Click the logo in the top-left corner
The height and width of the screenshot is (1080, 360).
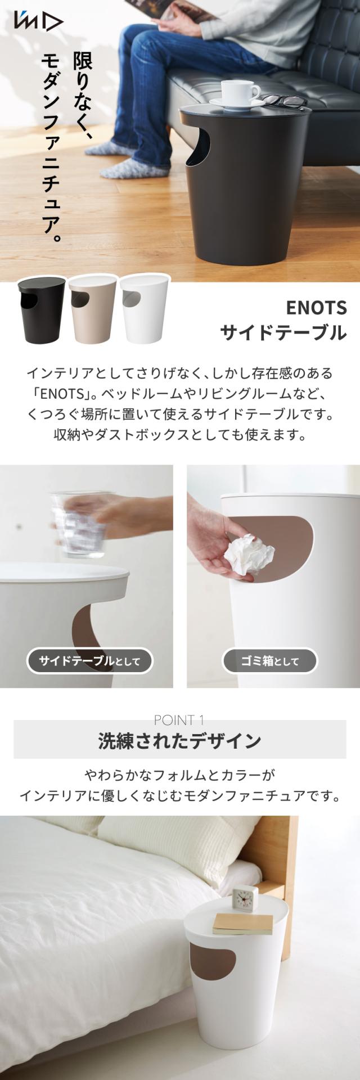point(39,22)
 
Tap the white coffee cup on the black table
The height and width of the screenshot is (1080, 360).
point(240,93)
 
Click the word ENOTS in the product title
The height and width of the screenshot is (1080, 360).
point(316,308)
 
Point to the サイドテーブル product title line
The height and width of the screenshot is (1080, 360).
point(283,333)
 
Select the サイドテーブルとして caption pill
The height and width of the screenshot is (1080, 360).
point(90,661)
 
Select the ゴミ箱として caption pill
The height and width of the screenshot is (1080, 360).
point(270,661)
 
